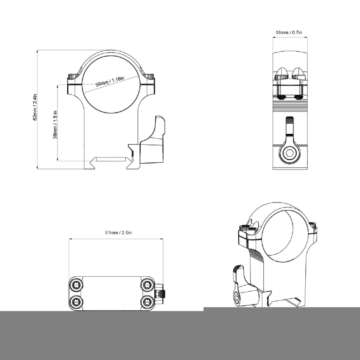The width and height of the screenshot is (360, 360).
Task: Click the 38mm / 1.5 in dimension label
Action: pos(55,124)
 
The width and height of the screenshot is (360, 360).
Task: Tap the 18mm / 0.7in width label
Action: pos(289,33)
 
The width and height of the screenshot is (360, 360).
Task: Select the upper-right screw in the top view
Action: pos(146,285)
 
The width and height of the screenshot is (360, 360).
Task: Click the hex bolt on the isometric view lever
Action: pos(237,298)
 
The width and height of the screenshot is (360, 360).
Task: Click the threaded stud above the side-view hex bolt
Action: pos(290,126)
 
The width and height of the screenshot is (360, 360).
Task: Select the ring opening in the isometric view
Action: pos(283,236)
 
